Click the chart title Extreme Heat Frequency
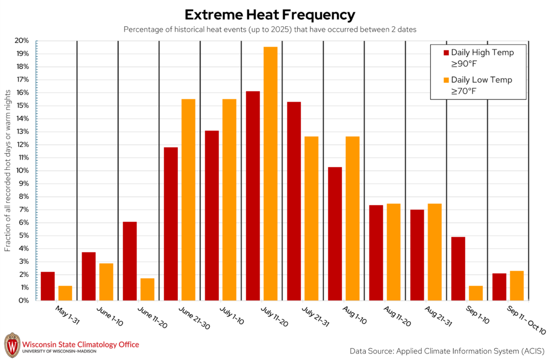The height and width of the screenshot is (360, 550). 270,15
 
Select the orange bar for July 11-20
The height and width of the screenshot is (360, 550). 271,174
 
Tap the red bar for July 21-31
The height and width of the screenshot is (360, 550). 294,201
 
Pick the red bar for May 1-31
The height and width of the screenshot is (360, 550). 48,286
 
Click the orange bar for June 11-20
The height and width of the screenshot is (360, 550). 147,290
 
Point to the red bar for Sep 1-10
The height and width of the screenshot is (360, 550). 458,269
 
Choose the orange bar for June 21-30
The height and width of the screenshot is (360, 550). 189,200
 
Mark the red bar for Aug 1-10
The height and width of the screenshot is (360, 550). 335,234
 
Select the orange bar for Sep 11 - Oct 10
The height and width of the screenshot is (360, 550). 517,286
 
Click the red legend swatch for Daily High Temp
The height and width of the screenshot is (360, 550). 446,53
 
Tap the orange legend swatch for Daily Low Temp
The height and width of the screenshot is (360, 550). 446,80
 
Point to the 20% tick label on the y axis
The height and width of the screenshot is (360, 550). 21,41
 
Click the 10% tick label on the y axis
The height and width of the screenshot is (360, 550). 22,170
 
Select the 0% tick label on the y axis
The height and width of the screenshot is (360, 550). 24,300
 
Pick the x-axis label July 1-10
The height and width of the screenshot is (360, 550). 231,315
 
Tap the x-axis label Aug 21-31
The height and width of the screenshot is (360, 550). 438,316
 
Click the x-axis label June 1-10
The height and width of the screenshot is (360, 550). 110,316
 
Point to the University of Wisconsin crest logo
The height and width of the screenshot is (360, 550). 12,345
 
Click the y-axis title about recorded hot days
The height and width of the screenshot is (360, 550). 8,170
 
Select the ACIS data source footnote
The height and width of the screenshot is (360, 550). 447,351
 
